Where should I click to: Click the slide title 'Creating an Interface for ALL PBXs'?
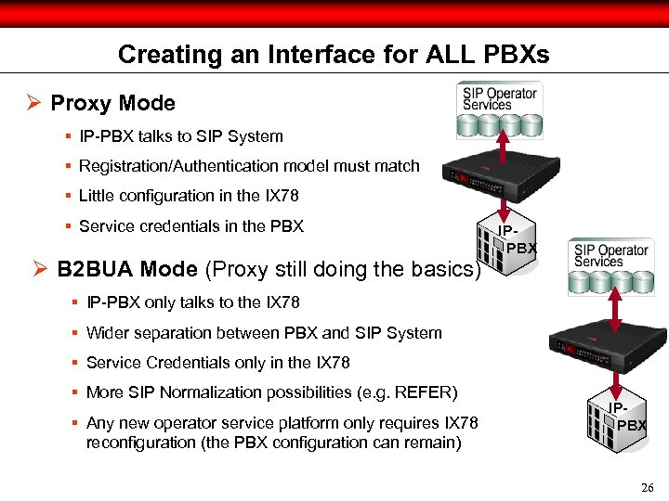coord(334,55)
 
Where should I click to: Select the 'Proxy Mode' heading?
coord(112,103)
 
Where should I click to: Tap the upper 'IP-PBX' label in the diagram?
coord(515,240)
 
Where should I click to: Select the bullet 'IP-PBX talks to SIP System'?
coord(180,136)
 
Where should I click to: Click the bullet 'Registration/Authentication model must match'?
coord(249,167)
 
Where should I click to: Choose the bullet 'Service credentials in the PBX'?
coord(190,226)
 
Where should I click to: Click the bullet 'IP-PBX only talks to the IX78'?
coord(192,302)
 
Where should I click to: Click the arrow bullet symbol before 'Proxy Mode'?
coord(33,103)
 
